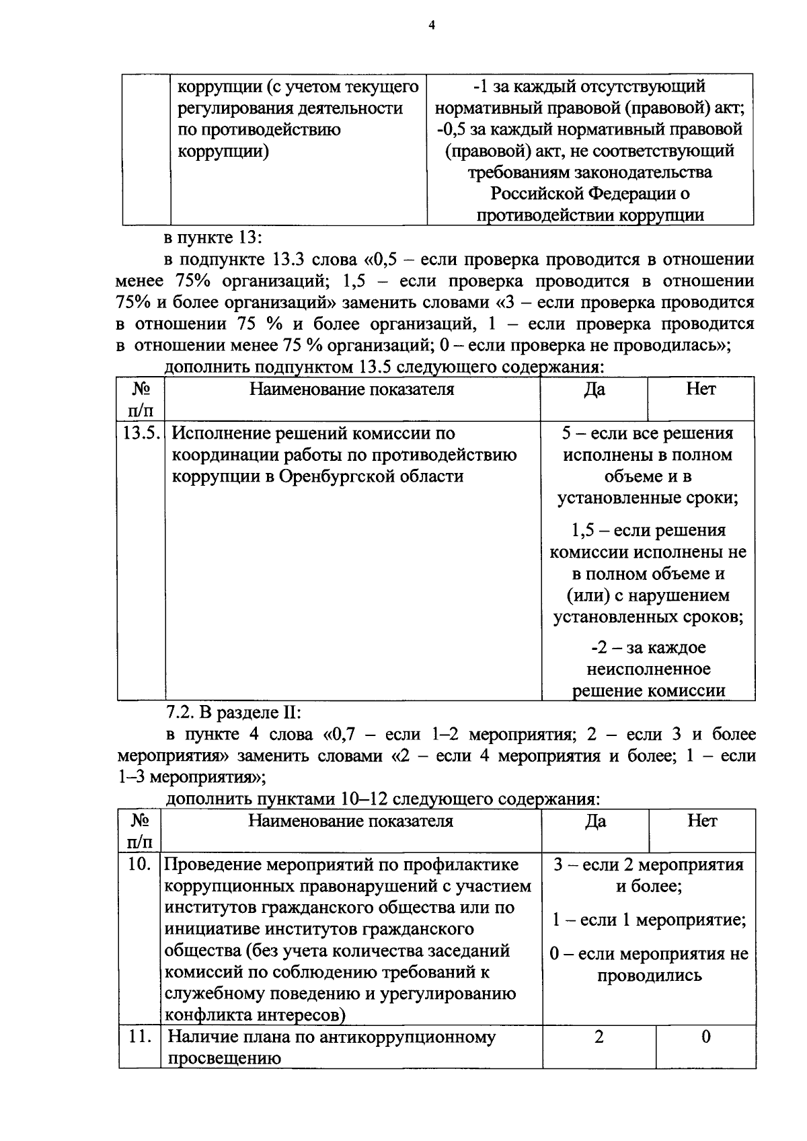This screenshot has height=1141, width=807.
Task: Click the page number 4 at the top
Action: tap(432, 26)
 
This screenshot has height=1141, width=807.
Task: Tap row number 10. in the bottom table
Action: tap(139, 864)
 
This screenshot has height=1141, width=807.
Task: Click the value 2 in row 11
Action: tap(599, 1037)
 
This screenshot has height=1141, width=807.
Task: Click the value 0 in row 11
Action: tap(705, 1037)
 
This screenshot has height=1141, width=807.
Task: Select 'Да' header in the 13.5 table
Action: tap(594, 390)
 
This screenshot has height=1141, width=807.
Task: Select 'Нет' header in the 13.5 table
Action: tap(701, 390)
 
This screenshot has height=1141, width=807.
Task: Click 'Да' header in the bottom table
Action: tap(596, 821)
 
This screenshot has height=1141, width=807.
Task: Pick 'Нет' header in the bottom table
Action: tap(703, 821)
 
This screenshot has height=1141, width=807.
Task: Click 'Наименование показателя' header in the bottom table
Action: tap(351, 821)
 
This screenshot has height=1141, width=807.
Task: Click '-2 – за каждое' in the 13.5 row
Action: tap(648, 648)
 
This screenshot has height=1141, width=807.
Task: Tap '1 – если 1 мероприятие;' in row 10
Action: tap(649, 920)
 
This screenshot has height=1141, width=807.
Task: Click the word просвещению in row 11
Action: tap(223, 1059)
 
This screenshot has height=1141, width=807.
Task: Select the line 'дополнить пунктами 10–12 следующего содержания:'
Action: tap(382, 799)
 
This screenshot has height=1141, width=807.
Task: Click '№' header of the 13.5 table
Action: tap(139, 390)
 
